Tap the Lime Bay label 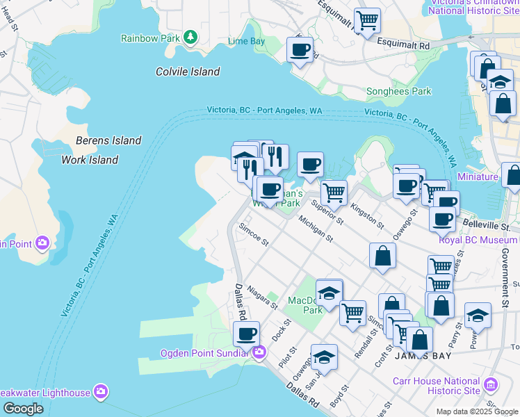[247, 42]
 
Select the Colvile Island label [188, 72]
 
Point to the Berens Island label [108, 140]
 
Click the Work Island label [90, 160]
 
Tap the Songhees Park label [399, 91]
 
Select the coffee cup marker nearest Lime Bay [300, 49]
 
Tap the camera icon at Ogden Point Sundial [259, 352]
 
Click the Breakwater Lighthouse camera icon [101, 393]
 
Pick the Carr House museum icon [491, 384]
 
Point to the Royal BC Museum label [479, 240]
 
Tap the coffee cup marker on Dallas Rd [246, 334]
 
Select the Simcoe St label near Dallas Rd [253, 234]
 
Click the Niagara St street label [262, 300]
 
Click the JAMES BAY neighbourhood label [423, 356]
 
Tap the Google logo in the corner [23, 409]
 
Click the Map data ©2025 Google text [476, 411]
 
